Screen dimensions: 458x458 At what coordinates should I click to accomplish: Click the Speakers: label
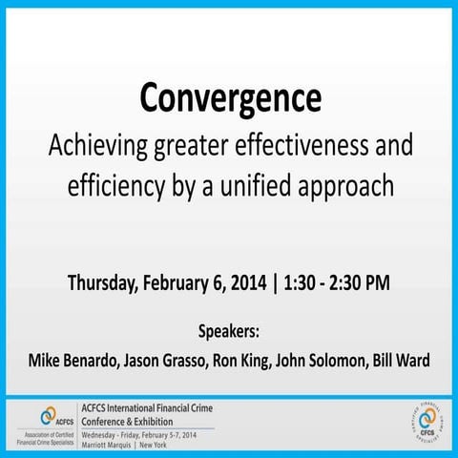[229, 333]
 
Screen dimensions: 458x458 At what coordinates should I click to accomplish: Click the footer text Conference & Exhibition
[134, 419]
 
